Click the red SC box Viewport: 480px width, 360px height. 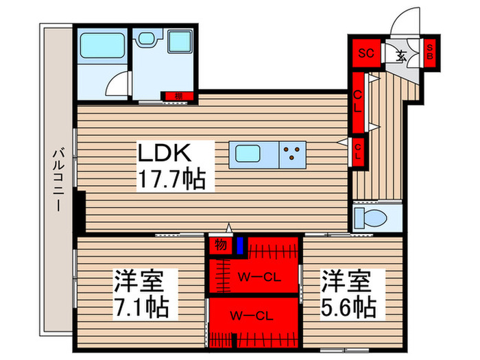tap(366, 52)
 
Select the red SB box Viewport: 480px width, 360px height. tap(430, 52)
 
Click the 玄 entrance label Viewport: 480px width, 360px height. tap(400, 53)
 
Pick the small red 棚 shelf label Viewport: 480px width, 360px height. tap(177, 95)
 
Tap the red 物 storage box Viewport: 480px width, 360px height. tap(220, 243)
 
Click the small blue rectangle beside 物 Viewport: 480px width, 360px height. tap(239, 245)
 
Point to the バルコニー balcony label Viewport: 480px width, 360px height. tap(58, 180)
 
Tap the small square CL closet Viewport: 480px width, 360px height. tap(358, 149)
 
